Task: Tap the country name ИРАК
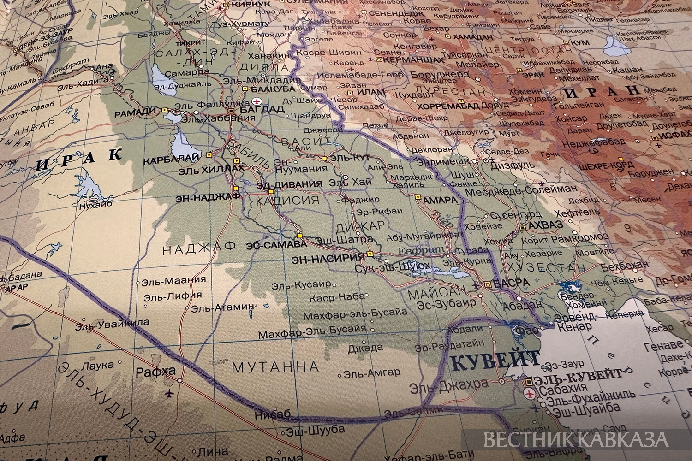[x=78, y=159]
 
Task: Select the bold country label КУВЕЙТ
[x=494, y=360]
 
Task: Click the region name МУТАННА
[x=275, y=367]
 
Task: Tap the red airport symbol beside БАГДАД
[x=257, y=101]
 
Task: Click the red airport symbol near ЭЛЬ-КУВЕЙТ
[x=530, y=393]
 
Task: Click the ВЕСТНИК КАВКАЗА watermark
[x=576, y=439]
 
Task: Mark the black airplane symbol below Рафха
[x=172, y=394]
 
